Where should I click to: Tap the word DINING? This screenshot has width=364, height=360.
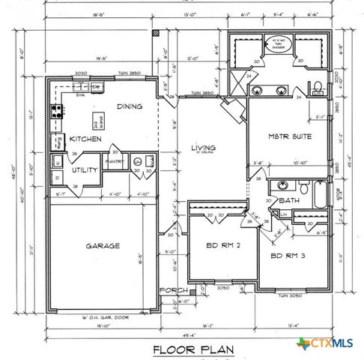(x=130, y=106)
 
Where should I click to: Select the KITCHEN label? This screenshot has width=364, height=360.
(x=85, y=139)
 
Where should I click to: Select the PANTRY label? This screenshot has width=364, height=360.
(x=115, y=160)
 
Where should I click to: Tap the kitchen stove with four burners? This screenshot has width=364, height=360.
(x=56, y=112)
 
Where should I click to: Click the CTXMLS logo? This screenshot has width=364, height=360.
(x=327, y=344)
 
